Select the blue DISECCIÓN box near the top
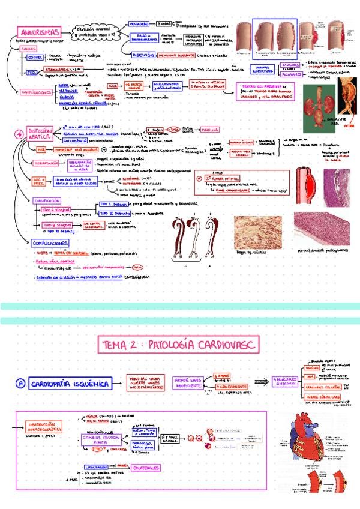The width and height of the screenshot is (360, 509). pos(143,55)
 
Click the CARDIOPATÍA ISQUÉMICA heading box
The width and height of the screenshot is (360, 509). pos(71,382)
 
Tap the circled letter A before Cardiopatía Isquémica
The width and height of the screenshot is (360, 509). pos(20,382)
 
